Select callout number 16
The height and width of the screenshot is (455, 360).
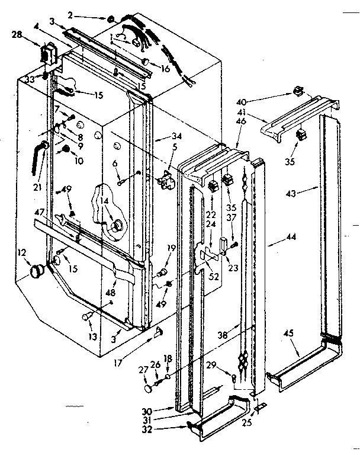165,69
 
